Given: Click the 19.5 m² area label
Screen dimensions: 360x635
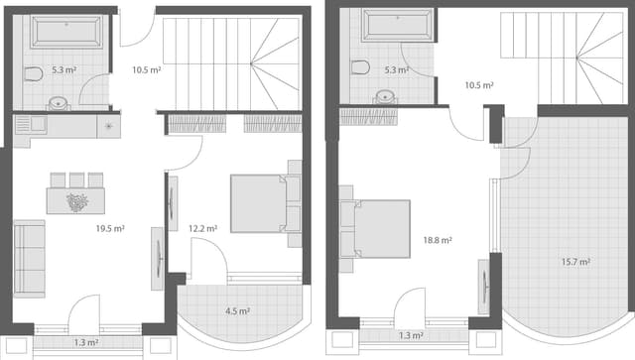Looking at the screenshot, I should coord(110,229).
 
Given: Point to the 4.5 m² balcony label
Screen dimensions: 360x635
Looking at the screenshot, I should coord(237,310).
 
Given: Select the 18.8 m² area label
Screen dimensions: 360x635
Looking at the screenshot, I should coord(438,240).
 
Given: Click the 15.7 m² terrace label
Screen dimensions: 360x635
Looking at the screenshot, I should coord(575,262).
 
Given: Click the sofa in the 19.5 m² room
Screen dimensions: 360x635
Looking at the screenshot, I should coord(29,258).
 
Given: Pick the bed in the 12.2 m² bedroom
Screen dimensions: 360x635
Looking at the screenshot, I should coord(264,203).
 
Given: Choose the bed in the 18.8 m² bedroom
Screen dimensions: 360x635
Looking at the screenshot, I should coord(375,228).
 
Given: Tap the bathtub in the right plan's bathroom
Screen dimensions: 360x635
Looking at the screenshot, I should coord(397,25).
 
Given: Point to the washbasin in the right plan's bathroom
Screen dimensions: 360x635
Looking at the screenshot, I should coord(386,97).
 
